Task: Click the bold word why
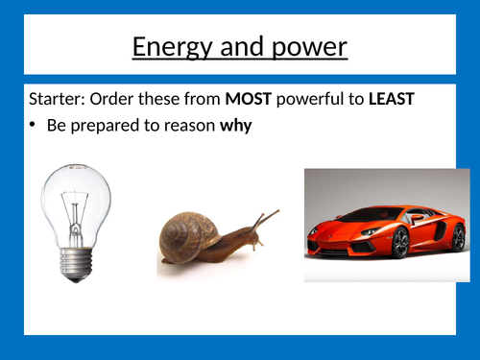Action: (235, 125)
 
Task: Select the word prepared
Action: (107, 125)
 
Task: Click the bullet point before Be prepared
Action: (35, 125)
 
